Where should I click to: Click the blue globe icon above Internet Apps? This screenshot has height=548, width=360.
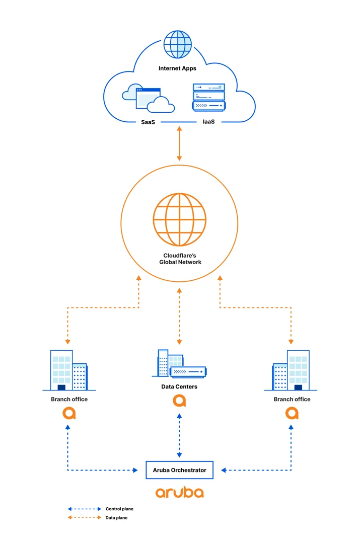(178, 44)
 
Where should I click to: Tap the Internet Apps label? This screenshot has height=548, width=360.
(177, 68)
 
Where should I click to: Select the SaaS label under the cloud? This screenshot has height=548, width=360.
(148, 122)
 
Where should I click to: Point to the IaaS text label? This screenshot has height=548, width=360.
(209, 122)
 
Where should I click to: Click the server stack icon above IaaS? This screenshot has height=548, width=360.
(209, 97)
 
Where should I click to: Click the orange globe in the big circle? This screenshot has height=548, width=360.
(179, 219)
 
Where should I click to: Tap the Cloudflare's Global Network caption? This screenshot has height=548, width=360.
(180, 259)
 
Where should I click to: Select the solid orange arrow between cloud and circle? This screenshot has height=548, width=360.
(179, 143)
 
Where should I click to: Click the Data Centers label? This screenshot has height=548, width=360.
(179, 386)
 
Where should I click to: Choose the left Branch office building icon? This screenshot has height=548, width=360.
(69, 370)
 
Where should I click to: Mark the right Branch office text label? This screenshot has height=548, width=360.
(292, 399)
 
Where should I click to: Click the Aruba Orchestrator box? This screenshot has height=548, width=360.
(179, 470)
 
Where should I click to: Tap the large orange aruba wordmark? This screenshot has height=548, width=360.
(179, 492)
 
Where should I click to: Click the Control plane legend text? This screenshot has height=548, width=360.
(120, 509)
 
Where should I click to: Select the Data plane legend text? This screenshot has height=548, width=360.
(116, 518)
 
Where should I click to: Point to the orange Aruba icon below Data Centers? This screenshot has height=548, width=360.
(179, 401)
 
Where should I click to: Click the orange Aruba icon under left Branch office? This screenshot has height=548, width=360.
(69, 413)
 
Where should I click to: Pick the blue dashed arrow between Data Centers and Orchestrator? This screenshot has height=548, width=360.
(179, 435)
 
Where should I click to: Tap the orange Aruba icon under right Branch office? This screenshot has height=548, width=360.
(292, 413)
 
